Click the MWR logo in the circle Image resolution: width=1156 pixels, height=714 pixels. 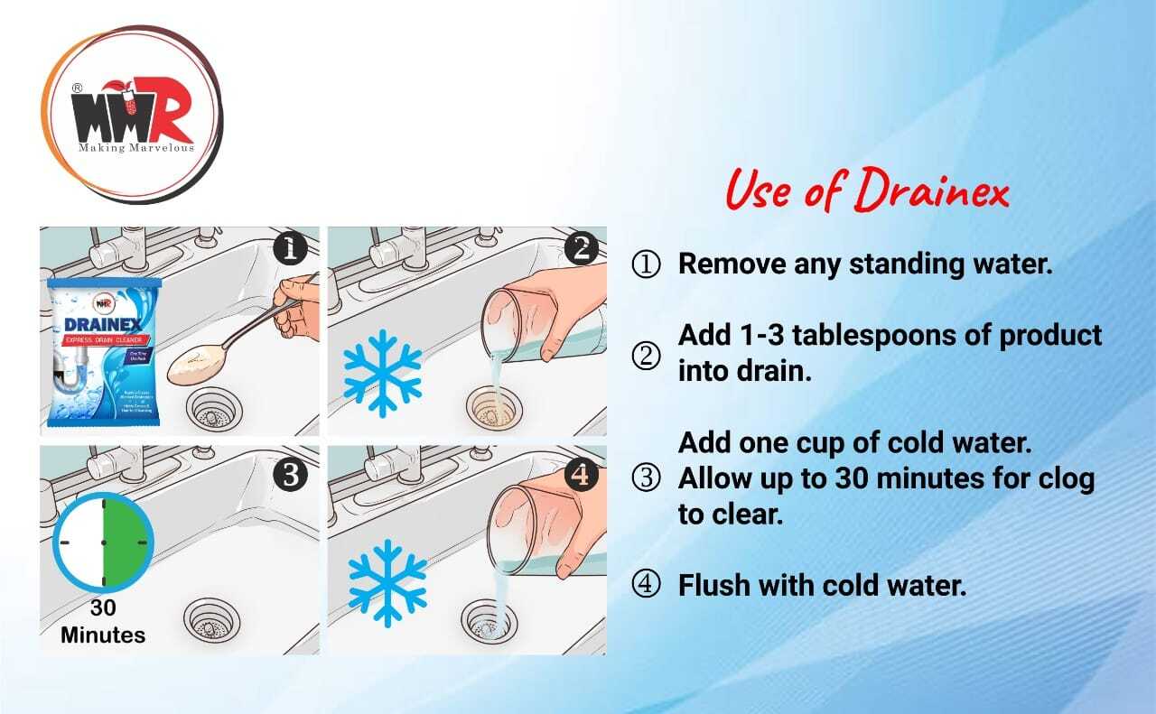point(131,116)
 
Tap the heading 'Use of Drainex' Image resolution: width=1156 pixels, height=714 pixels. point(867,192)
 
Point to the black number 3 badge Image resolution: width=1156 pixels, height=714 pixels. point(289,474)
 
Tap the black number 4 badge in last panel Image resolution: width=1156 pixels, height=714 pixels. point(580,474)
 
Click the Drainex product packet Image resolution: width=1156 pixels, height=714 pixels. point(104,352)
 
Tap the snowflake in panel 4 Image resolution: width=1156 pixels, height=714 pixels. point(387,582)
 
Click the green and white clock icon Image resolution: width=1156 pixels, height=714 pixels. point(103,542)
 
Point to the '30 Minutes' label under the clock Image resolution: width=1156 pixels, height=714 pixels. point(103,622)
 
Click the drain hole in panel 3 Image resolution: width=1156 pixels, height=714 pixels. point(209,621)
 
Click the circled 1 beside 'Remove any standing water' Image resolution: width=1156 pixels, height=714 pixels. point(646,264)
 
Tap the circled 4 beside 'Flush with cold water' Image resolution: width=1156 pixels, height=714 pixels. point(646,586)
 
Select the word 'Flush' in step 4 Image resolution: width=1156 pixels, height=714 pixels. point(713,585)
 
